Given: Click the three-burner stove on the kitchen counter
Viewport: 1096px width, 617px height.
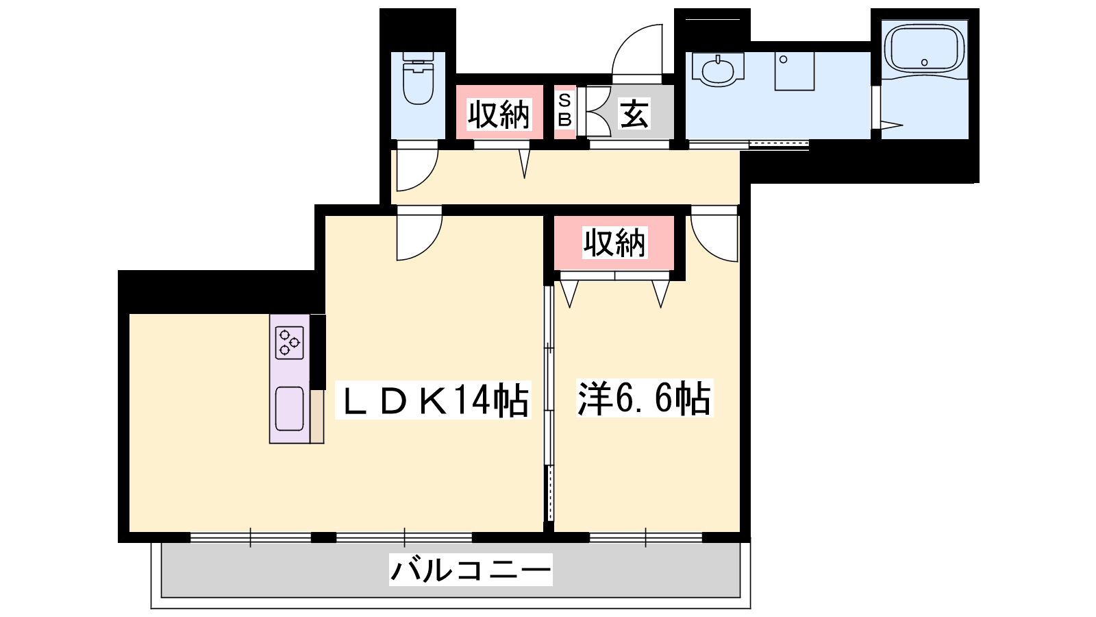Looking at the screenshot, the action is coord(290,343).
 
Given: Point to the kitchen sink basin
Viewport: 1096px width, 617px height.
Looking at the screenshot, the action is coord(290,409).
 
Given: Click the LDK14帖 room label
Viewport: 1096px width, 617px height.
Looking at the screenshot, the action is coord(432,400).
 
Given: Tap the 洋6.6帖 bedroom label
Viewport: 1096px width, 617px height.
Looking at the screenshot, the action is coord(644,398).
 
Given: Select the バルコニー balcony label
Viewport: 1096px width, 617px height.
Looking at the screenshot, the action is coord(471,570).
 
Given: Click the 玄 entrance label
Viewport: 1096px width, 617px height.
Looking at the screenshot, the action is coord(634,113).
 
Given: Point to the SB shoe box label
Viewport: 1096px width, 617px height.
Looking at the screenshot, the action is coord(564,110).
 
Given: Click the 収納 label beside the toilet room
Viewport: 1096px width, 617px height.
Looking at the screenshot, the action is coord(499,114).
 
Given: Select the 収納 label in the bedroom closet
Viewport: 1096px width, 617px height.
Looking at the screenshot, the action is coord(614,243).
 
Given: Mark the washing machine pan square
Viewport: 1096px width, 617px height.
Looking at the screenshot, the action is coord(795,71).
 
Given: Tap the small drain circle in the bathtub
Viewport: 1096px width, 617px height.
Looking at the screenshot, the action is coord(924,62).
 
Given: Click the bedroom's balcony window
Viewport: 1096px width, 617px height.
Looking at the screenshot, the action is coord(646,537).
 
